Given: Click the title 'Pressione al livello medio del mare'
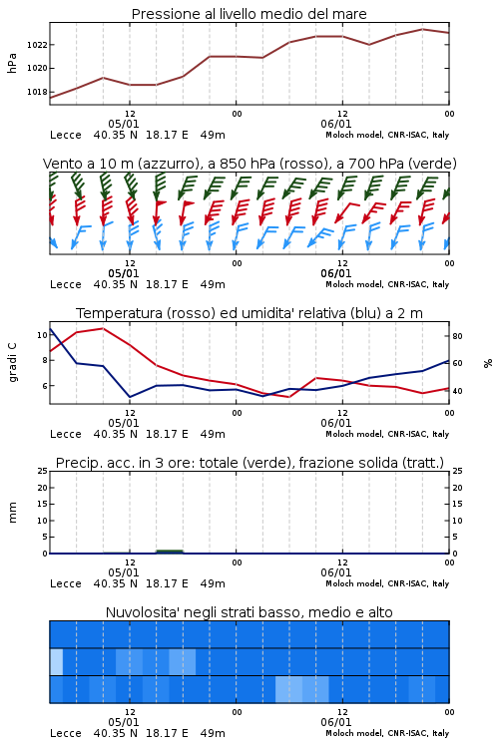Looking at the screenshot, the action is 249,14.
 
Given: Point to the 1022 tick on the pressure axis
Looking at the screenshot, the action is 37,45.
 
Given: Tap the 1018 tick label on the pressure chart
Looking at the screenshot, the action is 37,92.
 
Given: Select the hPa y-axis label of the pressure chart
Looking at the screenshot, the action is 12,63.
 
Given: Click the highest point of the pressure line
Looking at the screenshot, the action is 422,29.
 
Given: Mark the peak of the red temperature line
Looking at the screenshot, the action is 103,328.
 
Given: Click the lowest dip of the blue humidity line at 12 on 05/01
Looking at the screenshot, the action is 130,397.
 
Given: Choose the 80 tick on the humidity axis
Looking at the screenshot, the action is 457,336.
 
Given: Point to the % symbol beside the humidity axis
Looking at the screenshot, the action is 488,363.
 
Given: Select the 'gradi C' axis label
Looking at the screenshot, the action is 12,363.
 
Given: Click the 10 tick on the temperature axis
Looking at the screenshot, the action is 42,335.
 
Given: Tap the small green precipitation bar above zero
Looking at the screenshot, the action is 170,552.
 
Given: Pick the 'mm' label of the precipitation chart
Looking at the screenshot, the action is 12,512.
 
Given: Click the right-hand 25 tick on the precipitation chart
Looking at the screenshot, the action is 457,471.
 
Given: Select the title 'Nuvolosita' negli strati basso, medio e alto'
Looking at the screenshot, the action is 249,612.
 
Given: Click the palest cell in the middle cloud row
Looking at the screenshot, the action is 56,661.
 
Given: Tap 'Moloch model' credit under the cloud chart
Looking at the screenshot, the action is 353,733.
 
